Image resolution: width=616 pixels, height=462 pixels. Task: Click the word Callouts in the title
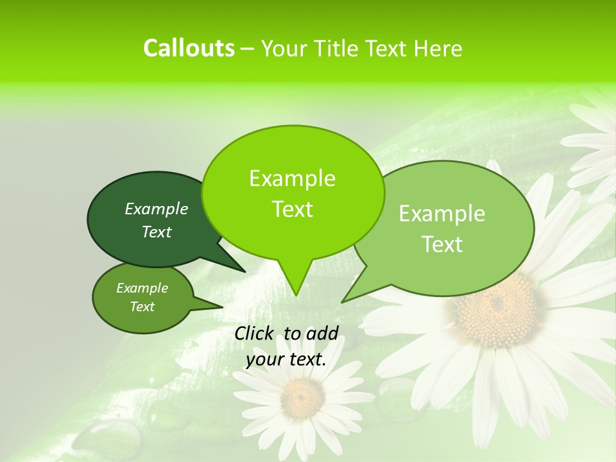pyautogui.click(x=189, y=48)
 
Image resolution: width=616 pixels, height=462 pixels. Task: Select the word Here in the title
pyautogui.click(x=438, y=49)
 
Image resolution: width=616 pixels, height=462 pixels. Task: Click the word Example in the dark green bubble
pyautogui.click(x=157, y=209)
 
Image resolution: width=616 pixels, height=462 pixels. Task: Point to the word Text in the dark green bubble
pyautogui.click(x=157, y=232)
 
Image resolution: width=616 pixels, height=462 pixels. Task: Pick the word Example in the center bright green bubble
pyautogui.click(x=292, y=179)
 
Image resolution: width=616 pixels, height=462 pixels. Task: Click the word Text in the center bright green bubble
pyautogui.click(x=292, y=209)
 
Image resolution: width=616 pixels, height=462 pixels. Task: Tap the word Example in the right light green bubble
pyautogui.click(x=442, y=214)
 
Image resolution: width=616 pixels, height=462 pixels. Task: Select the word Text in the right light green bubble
pyautogui.click(x=442, y=244)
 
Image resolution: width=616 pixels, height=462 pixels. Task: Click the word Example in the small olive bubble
pyautogui.click(x=142, y=288)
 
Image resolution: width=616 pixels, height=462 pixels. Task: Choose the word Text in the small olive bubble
pyautogui.click(x=142, y=307)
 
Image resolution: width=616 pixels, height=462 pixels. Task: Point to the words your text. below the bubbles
pyautogui.click(x=286, y=360)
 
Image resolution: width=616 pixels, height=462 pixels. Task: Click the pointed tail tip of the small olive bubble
pyautogui.click(x=222, y=307)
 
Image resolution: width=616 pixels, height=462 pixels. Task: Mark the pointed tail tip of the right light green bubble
pyautogui.click(x=342, y=302)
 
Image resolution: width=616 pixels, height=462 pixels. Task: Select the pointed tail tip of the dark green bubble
pyautogui.click(x=244, y=271)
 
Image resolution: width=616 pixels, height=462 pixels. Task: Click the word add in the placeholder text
pyautogui.click(x=322, y=333)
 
